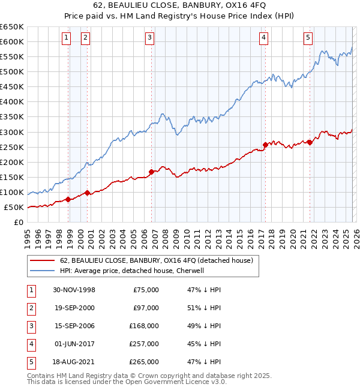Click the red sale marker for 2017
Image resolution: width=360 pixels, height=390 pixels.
pos(265,144)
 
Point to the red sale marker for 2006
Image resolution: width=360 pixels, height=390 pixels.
pos(151,172)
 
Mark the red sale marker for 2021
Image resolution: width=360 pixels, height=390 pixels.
pos(310,142)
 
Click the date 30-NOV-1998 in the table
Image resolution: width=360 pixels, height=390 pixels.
pos(74,290)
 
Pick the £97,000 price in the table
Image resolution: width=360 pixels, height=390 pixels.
pos(146,308)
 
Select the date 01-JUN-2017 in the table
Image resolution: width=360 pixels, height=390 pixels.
pos(74,344)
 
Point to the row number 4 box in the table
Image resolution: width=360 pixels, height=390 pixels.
pos(29,344)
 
